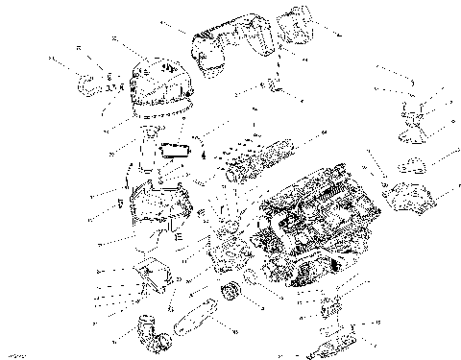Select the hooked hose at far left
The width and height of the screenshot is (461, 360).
85,82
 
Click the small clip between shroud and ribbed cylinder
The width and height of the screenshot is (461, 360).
276,88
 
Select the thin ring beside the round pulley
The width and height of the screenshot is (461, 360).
249,278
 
